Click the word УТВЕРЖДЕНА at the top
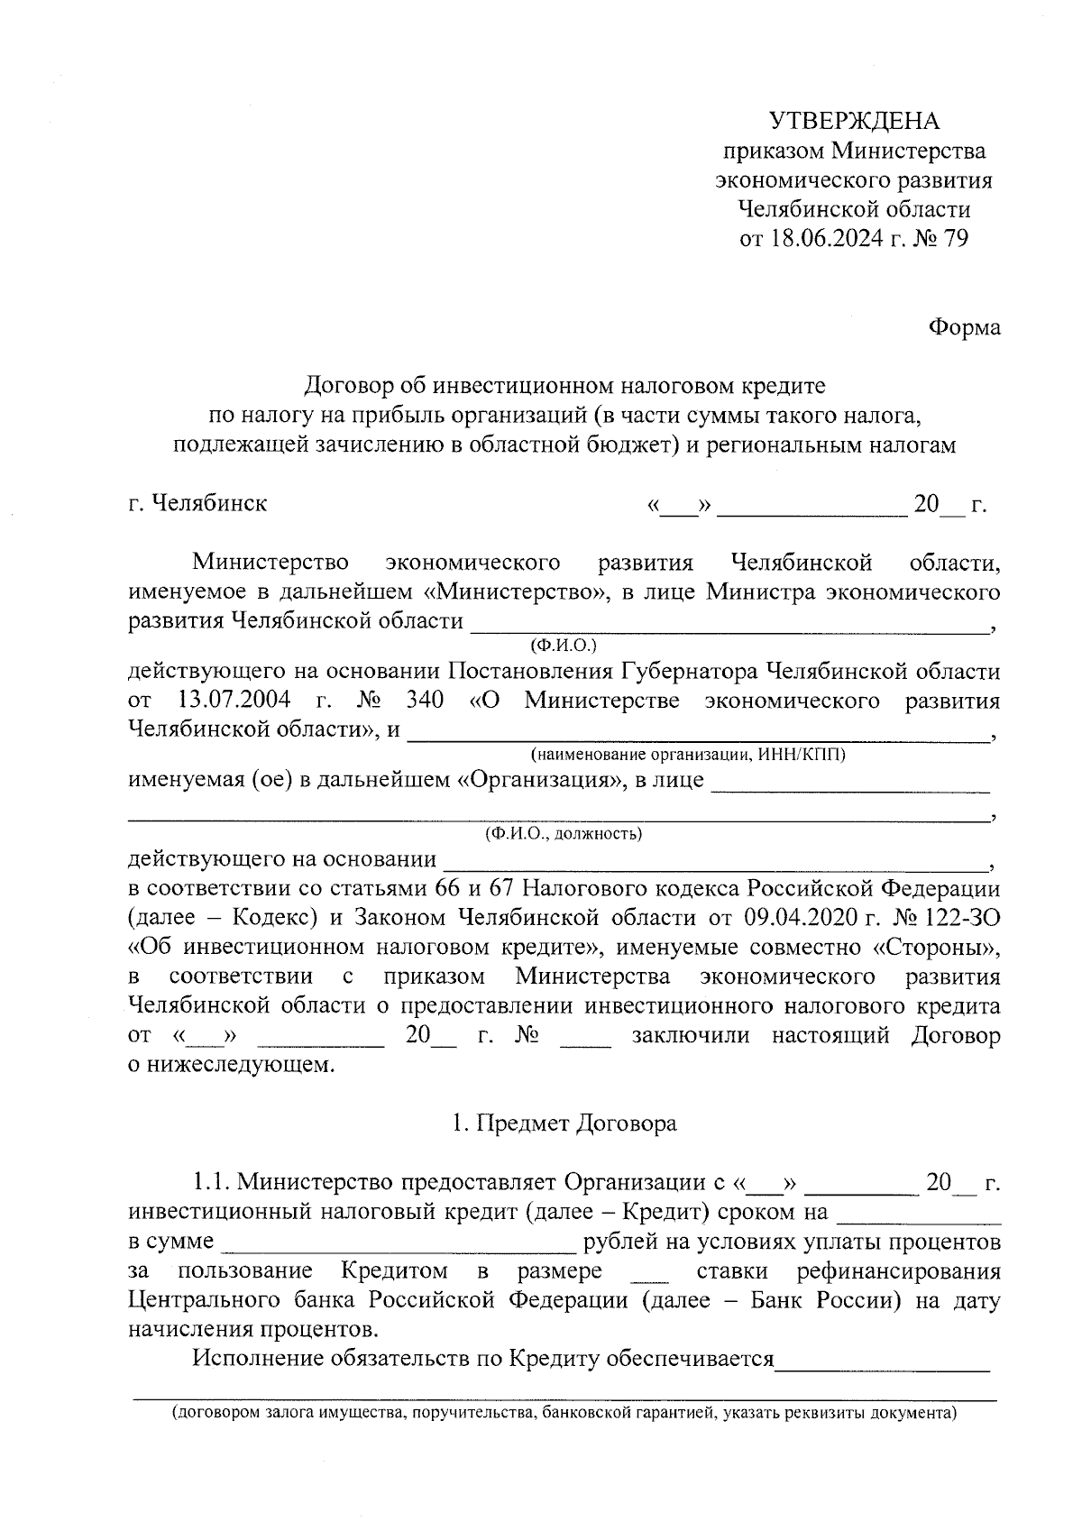pyautogui.click(x=853, y=121)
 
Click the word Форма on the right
pyautogui.click(x=965, y=327)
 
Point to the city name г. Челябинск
pyautogui.click(x=197, y=502)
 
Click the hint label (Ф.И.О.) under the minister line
pyautogui.click(x=564, y=646)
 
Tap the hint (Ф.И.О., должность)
pyautogui.click(x=564, y=834)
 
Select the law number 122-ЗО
pyautogui.click(x=964, y=918)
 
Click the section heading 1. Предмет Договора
pyautogui.click(x=564, y=1123)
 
